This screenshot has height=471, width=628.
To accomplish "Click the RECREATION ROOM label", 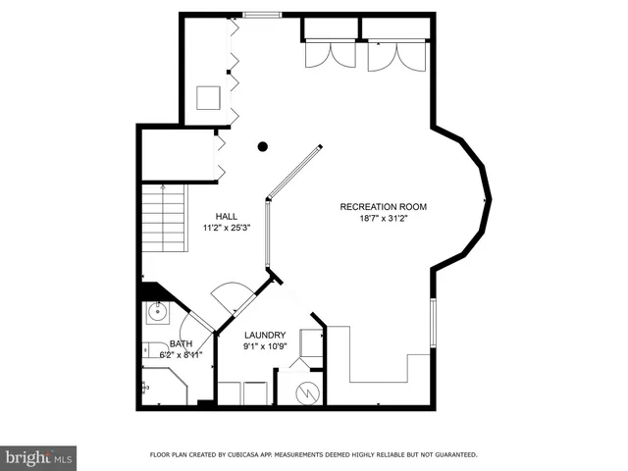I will point(384,206).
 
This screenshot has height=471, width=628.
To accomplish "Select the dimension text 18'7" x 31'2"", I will point(384,219).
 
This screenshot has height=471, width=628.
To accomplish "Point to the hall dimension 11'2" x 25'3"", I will point(228,228).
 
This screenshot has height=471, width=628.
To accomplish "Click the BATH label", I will point(181,343).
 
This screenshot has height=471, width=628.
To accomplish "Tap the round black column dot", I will point(263,147).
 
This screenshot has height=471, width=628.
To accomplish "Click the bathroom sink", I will point(156,313).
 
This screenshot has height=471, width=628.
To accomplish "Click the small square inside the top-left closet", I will point(208,98).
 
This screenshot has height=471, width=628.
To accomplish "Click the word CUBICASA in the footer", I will point(247,454).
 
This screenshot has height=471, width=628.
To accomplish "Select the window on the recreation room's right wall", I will point(433,323).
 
